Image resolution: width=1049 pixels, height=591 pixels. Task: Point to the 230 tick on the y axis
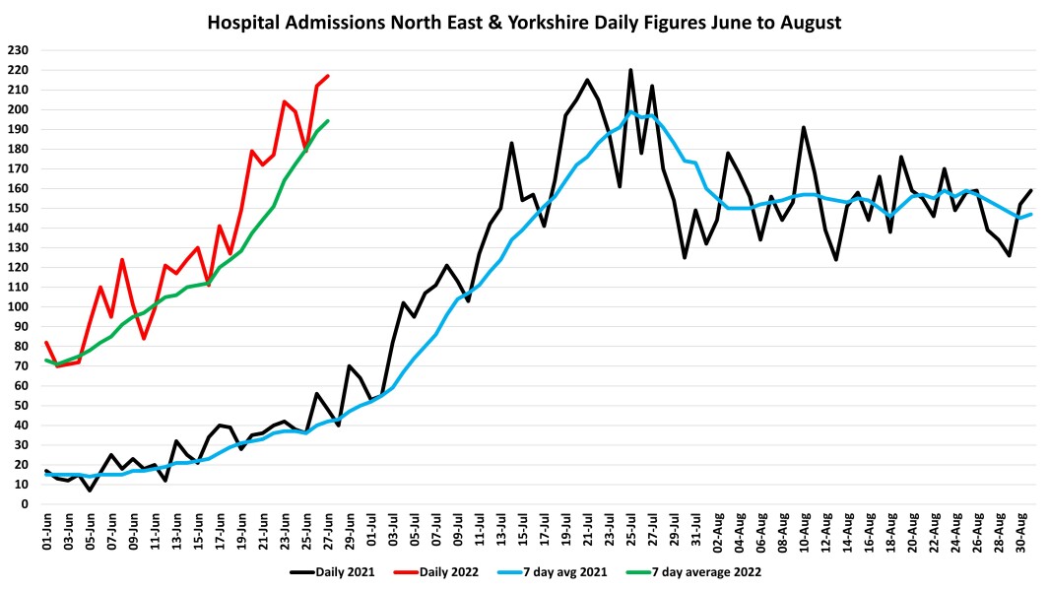[19, 50]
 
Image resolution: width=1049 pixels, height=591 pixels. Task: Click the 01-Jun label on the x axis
[46, 529]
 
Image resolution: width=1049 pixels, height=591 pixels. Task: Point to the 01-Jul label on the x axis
[372, 529]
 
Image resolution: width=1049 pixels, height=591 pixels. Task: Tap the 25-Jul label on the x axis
[631, 529]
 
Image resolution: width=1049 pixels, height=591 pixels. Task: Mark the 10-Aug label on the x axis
[804, 529]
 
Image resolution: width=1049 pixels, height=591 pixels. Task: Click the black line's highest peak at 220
[630, 70]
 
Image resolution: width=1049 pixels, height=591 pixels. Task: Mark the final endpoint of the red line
[328, 76]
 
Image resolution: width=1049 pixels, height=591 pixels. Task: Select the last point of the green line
[328, 121]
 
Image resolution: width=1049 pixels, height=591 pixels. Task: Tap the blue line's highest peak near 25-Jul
[630, 112]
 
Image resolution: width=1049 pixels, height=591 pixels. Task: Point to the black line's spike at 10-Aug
[804, 127]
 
